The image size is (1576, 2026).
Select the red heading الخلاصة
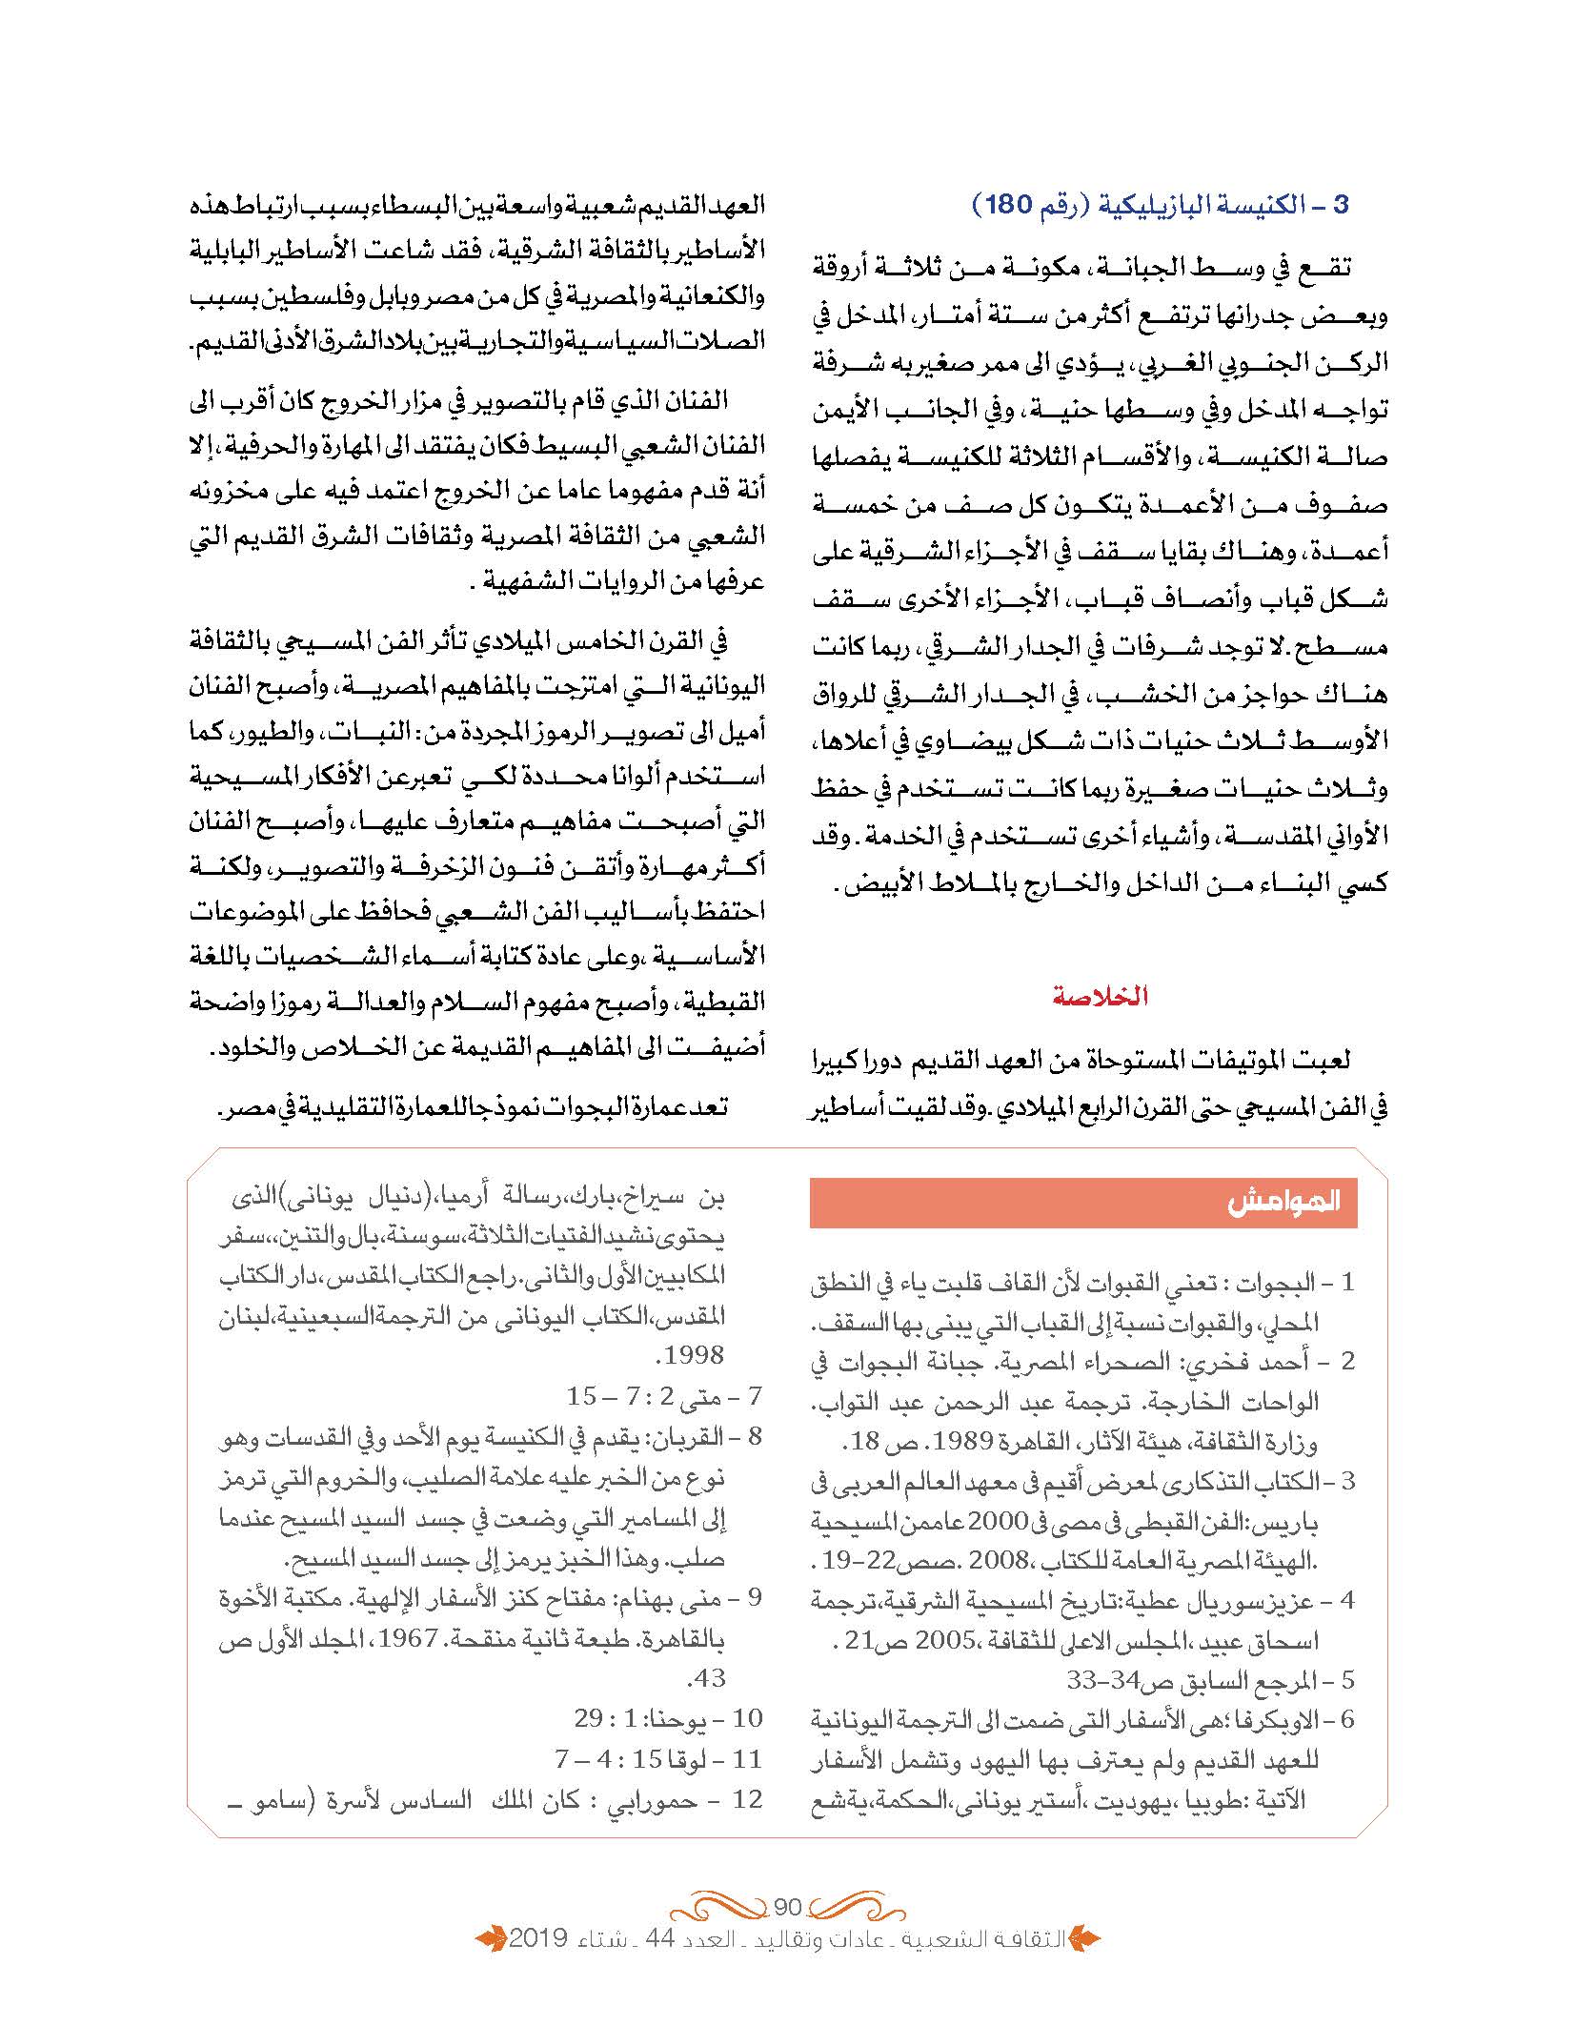[x=1101, y=998]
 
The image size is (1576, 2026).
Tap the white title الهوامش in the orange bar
[x=1284, y=1202]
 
